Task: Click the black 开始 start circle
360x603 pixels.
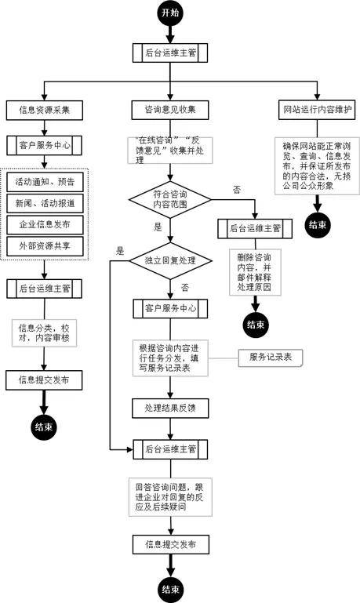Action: [x=170, y=13]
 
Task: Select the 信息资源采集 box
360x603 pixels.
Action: [x=44, y=110]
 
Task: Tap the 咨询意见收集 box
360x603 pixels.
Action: [x=170, y=110]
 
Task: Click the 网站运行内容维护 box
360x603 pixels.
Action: [x=318, y=110]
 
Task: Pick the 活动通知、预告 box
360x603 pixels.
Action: [x=45, y=182]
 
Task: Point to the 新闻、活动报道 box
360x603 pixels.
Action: [x=45, y=203]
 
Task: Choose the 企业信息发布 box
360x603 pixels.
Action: [x=45, y=224]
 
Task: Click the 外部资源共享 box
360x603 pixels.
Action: [x=45, y=246]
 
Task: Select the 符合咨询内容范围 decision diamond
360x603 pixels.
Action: [x=170, y=200]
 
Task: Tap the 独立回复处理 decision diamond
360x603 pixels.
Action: [x=170, y=261]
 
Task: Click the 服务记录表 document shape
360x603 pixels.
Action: [x=271, y=358]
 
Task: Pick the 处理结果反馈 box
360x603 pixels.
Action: [x=170, y=408]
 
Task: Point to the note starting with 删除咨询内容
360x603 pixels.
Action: [x=255, y=272]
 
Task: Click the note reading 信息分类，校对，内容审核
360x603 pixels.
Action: [x=44, y=333]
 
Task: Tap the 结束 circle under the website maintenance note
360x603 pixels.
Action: [x=318, y=224]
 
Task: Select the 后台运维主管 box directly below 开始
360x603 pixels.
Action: [x=170, y=53]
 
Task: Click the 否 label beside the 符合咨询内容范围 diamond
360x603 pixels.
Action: [x=237, y=190]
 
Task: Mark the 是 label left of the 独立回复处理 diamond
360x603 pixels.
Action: [x=120, y=252]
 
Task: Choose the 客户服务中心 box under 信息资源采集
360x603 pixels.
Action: [x=44, y=145]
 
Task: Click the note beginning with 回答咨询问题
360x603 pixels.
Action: [x=170, y=497]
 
